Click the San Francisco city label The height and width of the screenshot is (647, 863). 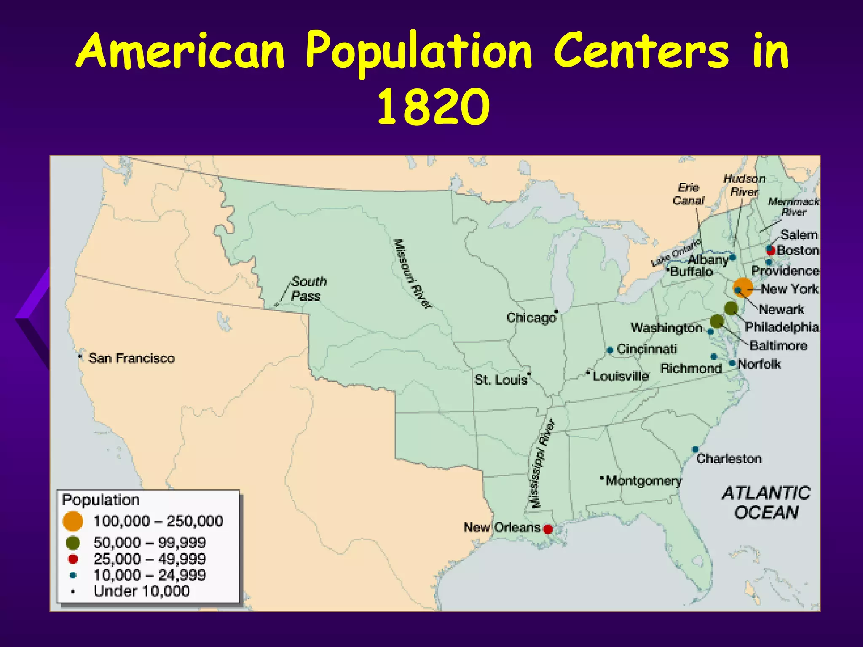pyautogui.click(x=131, y=358)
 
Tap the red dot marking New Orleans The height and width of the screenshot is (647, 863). pyautogui.click(x=548, y=529)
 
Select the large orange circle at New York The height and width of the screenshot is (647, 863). pyautogui.click(x=743, y=288)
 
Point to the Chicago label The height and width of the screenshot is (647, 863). pyautogui.click(x=531, y=318)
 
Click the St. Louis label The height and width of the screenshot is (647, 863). pyautogui.click(x=501, y=380)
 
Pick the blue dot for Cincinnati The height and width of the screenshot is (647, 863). pyautogui.click(x=610, y=350)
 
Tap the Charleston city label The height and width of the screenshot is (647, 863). pyautogui.click(x=729, y=459)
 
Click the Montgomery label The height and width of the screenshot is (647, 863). pyautogui.click(x=643, y=481)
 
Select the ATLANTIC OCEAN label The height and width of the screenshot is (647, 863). pyautogui.click(x=766, y=503)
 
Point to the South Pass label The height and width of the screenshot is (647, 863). pyautogui.click(x=308, y=289)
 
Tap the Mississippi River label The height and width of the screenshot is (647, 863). pyautogui.click(x=541, y=464)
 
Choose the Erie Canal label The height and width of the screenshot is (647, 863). pyautogui.click(x=689, y=194)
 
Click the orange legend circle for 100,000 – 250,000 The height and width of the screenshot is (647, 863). pyautogui.click(x=72, y=521)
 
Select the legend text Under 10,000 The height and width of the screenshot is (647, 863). pyautogui.click(x=142, y=591)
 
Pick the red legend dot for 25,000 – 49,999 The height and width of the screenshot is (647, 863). pyautogui.click(x=73, y=559)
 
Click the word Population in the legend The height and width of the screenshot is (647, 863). pyautogui.click(x=101, y=500)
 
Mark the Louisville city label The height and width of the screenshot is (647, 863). pyautogui.click(x=620, y=376)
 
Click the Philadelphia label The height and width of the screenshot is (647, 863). pyautogui.click(x=782, y=327)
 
